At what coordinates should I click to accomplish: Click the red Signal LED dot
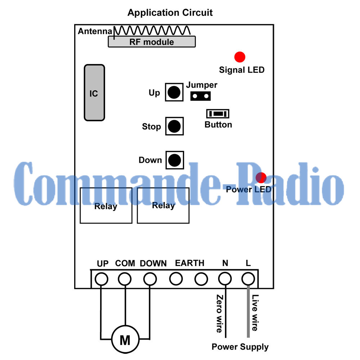240,57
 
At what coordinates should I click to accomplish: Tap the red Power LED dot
261,177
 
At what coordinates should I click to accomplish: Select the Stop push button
175,126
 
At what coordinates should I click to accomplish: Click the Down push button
175,160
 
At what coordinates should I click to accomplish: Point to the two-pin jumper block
201,96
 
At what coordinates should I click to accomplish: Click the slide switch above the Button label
217,114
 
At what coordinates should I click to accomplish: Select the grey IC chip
94,93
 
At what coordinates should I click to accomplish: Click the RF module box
152,42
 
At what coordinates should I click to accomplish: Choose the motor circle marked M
125,339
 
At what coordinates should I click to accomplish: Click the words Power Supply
240,347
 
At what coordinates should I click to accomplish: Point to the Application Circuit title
170,13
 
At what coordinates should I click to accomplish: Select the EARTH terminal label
189,263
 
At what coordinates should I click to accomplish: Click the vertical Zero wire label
219,313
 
